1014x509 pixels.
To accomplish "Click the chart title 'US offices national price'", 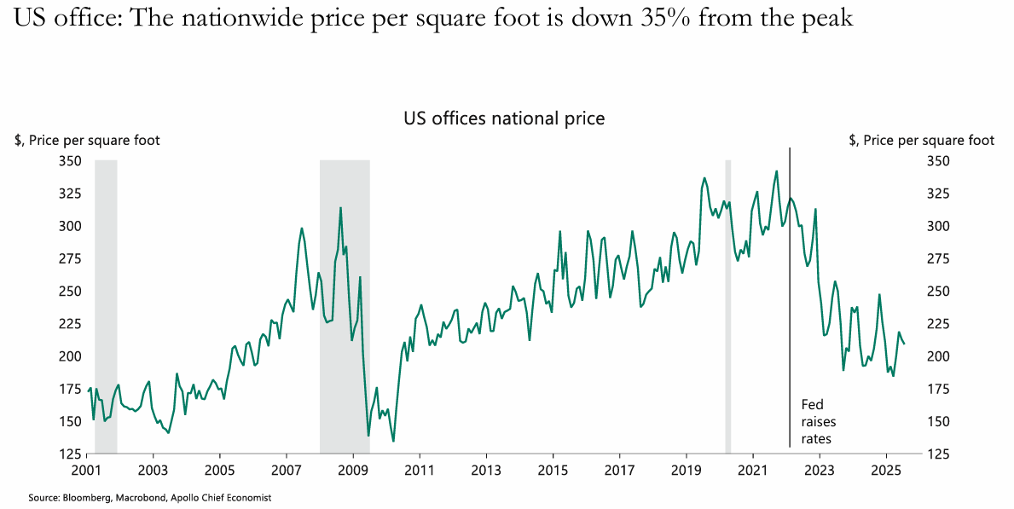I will click(504, 119).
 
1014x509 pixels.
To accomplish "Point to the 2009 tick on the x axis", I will click(353, 470).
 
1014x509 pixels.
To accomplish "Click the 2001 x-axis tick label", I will click(86, 470).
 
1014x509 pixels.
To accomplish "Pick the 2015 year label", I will click(553, 470).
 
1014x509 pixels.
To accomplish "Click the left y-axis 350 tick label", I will click(71, 161).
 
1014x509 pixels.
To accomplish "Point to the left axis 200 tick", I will click(71, 356).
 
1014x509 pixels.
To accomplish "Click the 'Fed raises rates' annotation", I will click(818, 422).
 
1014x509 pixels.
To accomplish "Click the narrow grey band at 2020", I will click(728, 298).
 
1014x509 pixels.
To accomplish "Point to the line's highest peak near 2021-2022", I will click(776, 171).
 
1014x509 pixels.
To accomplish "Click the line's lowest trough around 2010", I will click(393, 440).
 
